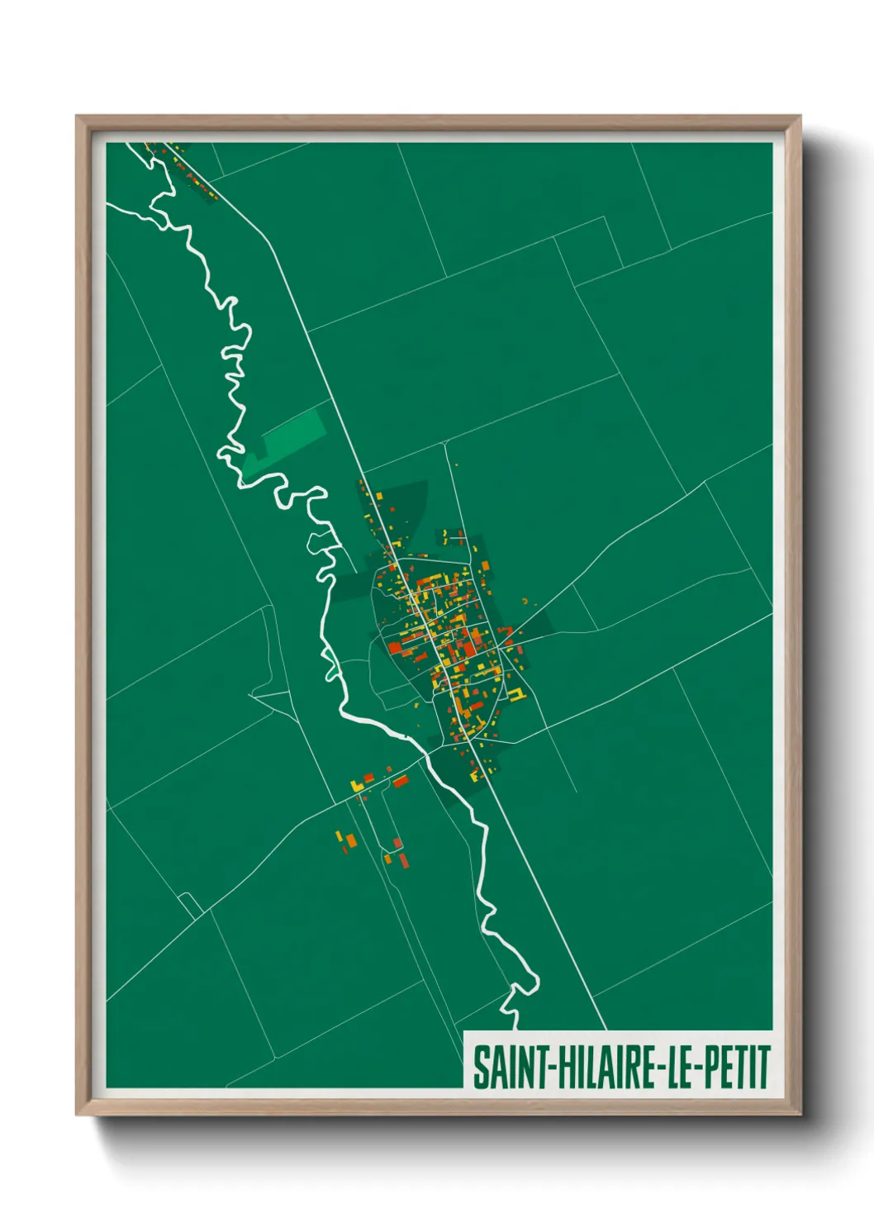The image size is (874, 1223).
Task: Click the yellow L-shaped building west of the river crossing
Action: pyautogui.click(x=358, y=783)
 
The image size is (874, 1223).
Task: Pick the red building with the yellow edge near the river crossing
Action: pyautogui.click(x=401, y=780)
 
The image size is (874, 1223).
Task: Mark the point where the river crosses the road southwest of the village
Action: pyautogui.click(x=425, y=754)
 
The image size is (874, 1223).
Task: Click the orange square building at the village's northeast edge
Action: pyautogui.click(x=486, y=567)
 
